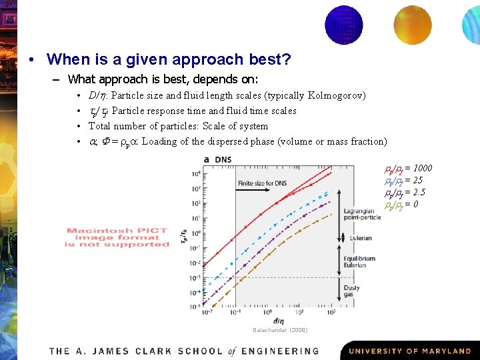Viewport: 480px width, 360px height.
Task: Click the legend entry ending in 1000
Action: click(x=408, y=168)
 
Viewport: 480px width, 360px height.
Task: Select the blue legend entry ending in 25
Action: click(x=403, y=180)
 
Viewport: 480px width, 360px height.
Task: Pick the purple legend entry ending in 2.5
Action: click(x=405, y=192)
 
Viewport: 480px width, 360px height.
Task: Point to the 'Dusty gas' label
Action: click(x=351, y=292)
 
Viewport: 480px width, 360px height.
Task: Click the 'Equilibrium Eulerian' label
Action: click(x=359, y=262)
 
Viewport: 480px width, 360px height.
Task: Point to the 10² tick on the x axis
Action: click(x=331, y=311)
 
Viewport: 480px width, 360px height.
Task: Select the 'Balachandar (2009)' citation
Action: click(x=280, y=330)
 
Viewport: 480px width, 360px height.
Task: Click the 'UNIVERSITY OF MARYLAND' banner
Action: click(x=409, y=351)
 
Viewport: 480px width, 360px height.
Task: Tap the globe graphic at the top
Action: click(x=343, y=25)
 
